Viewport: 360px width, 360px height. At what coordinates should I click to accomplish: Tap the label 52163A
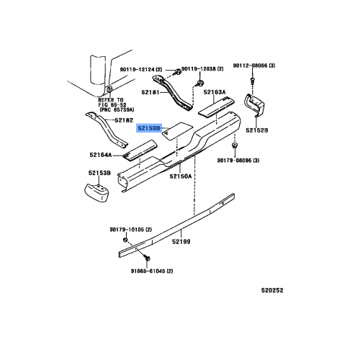[215, 92]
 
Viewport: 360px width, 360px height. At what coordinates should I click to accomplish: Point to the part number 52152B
[256, 130]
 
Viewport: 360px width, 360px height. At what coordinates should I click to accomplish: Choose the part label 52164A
[102, 154]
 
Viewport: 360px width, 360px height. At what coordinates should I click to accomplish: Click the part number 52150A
[181, 176]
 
